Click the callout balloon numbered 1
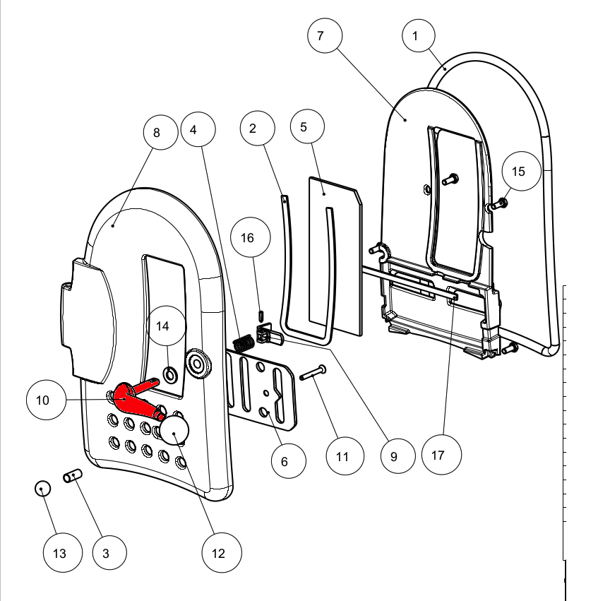[419, 35]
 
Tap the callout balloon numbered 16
[247, 239]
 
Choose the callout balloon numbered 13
[60, 553]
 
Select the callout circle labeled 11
[342, 456]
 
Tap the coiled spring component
[244, 343]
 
